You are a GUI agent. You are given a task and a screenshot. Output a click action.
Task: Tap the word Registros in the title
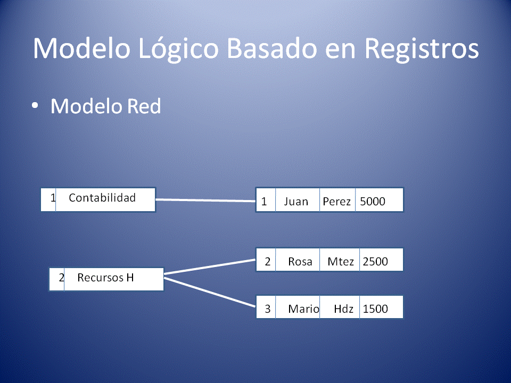coord(421,49)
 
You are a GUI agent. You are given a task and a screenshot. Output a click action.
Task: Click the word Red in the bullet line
coord(143,106)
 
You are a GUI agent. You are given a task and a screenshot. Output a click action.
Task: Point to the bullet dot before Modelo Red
coord(35,106)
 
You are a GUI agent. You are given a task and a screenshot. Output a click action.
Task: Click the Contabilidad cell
coord(102,198)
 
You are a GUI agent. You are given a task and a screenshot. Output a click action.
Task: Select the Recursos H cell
coord(105,278)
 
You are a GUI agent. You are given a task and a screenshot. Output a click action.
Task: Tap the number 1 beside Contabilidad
coord(53,198)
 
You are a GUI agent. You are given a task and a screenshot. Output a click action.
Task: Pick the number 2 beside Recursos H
coord(61,278)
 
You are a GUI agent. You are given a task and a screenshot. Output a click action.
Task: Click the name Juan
coord(296,202)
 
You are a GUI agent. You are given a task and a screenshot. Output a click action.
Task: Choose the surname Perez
coord(337,202)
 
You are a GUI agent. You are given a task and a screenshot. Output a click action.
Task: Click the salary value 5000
coord(373,202)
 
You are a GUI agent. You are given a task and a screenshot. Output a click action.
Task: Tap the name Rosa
coord(300,261)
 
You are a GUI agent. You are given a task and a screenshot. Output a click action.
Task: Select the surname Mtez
coord(341,261)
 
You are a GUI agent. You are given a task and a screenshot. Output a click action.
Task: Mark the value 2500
coord(375,261)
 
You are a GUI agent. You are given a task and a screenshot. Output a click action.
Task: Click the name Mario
coord(303,309)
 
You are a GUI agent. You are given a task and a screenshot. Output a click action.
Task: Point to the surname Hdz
coord(344,309)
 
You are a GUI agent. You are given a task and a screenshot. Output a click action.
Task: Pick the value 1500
coord(375,309)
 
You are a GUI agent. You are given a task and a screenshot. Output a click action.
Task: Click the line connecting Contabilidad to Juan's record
coord(205,201)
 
